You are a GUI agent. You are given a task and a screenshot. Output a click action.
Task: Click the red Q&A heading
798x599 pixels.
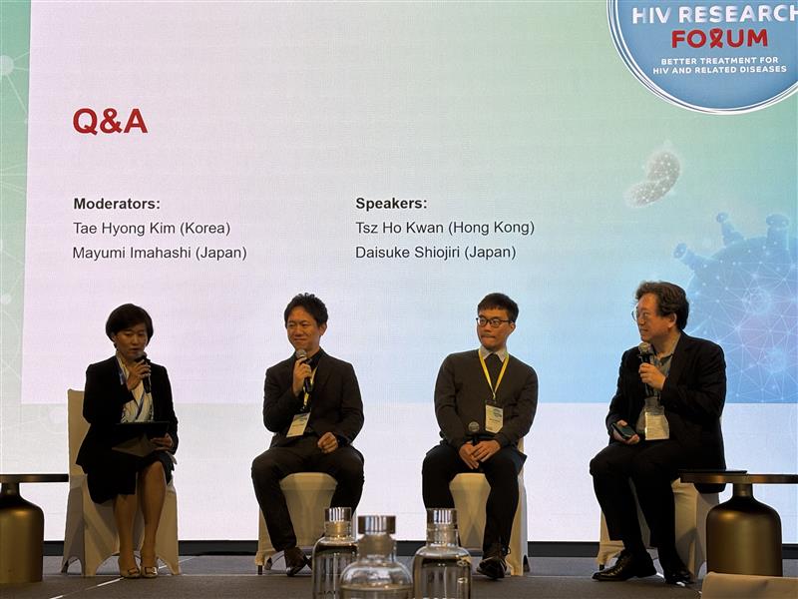pos(110,121)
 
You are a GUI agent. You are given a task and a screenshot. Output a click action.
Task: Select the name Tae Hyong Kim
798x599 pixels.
pos(124,228)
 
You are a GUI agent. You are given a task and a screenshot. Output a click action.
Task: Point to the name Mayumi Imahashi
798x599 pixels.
pos(132,253)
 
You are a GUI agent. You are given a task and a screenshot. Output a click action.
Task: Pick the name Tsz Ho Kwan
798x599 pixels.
pos(400,228)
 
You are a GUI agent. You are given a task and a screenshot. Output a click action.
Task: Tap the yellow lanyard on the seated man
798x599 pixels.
pos(492,375)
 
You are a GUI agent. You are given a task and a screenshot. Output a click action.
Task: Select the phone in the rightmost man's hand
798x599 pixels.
pos(623,431)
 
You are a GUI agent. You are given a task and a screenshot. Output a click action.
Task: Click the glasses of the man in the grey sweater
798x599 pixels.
pos(493,321)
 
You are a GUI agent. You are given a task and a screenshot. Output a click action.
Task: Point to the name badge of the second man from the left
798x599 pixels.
pos(297,425)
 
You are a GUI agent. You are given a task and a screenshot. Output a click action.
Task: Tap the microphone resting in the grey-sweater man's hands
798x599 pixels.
pos(474,432)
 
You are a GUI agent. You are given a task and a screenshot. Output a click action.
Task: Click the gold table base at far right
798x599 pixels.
pos(743,530)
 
